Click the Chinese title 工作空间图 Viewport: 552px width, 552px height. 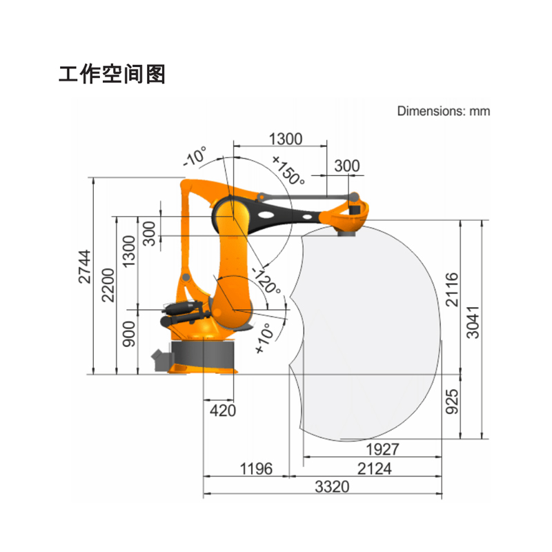pos(112,74)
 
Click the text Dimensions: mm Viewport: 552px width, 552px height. pos(443,111)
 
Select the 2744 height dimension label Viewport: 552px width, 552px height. pos(84,266)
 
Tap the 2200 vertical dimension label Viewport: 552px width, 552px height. pos(108,285)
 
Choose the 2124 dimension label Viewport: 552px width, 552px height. pos(374,469)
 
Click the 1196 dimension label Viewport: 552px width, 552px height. pos(256,469)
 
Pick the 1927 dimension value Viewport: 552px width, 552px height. pos(382,450)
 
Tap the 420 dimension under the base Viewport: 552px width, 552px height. pos(222,411)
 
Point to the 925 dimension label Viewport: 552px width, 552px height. pos(452,400)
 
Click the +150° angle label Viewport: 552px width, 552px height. pos(288,170)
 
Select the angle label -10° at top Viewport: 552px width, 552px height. pos(195,158)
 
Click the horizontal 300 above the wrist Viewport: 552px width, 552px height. pos(347,166)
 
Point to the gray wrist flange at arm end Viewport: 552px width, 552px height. pos(345,234)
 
